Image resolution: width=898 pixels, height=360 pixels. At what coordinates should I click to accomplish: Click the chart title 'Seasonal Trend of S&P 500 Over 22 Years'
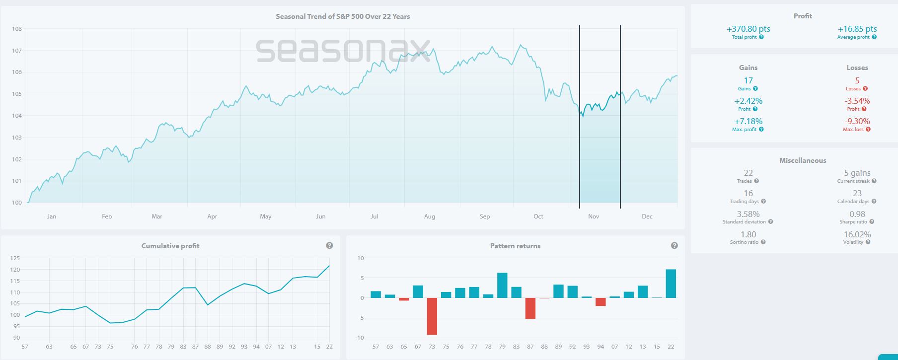point(343,16)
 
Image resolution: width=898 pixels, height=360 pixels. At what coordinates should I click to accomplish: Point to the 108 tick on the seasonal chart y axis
point(17,29)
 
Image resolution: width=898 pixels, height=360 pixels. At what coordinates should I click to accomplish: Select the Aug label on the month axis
point(430,216)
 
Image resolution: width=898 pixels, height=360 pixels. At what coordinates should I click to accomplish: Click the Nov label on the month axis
point(594,216)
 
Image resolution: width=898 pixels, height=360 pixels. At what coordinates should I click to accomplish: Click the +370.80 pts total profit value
point(748,29)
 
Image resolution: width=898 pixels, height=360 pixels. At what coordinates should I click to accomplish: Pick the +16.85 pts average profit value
point(857,29)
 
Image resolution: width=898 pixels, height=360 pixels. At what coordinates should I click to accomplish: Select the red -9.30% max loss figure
point(857,121)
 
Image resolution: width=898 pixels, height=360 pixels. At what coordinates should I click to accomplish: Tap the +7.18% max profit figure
point(748,121)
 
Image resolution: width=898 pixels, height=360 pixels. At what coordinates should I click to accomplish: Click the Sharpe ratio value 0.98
point(857,214)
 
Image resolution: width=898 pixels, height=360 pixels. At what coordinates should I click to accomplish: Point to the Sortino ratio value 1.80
point(748,234)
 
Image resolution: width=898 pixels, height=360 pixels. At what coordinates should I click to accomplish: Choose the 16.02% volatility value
point(857,234)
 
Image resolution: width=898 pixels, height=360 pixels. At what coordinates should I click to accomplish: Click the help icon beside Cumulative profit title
point(329,246)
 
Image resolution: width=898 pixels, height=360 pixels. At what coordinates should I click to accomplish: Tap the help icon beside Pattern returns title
point(674,246)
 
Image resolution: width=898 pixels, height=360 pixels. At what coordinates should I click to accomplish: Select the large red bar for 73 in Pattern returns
point(432,316)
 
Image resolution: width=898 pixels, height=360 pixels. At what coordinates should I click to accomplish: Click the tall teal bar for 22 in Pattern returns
point(671,284)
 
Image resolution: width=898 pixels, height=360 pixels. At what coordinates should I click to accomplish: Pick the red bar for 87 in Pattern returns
point(530,308)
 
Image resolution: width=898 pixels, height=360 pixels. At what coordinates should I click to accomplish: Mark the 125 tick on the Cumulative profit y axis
point(15,258)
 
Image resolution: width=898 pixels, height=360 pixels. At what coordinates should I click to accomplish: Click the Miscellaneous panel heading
point(803,160)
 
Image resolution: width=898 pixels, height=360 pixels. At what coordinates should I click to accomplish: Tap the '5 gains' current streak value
point(857,173)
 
